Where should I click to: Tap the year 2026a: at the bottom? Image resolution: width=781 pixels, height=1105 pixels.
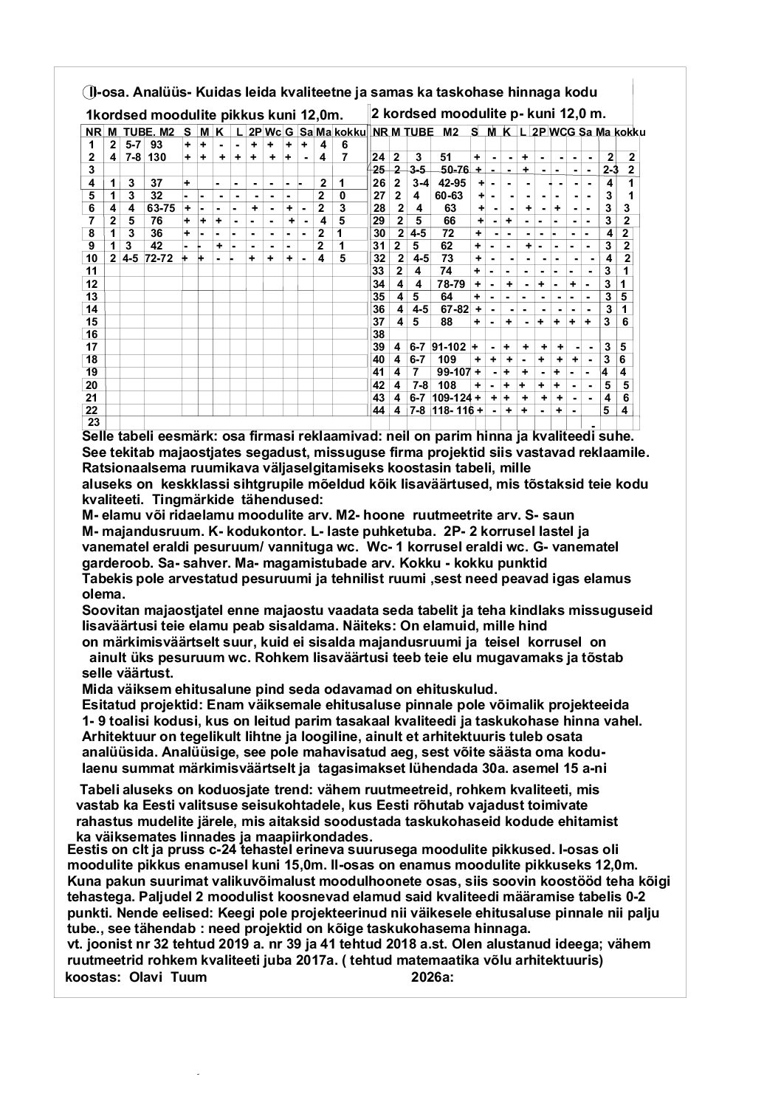coord(432,977)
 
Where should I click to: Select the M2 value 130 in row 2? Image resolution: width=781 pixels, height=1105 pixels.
coord(156,157)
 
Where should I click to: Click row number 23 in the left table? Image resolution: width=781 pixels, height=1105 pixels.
coord(94,421)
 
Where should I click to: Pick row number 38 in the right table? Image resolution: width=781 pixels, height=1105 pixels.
coord(379,334)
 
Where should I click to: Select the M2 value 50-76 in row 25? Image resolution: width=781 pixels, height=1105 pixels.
coord(455,170)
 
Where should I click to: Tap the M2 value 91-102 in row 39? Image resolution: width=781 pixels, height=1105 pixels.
coord(450,346)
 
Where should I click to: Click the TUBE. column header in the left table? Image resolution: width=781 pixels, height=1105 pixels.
coord(138,132)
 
